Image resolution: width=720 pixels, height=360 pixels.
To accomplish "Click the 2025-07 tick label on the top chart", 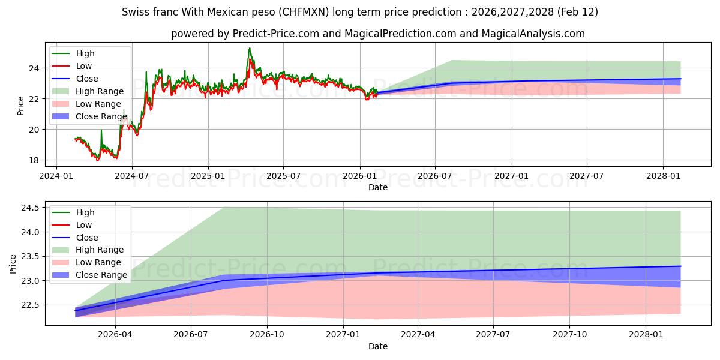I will tap(283, 176).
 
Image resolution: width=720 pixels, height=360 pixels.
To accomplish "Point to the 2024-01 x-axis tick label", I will tap(56, 176).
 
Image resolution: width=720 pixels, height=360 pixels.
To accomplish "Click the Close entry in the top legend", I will tap(87, 79).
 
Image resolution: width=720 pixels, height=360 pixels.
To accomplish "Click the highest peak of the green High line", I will tap(250, 48).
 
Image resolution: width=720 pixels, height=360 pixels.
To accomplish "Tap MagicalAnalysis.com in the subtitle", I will tap(533, 34).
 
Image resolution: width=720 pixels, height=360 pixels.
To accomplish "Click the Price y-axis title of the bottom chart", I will tap(13, 263).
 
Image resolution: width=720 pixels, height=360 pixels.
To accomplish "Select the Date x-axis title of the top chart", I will tap(378, 187).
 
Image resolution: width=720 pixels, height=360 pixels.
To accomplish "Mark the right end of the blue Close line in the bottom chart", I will tap(680, 266).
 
